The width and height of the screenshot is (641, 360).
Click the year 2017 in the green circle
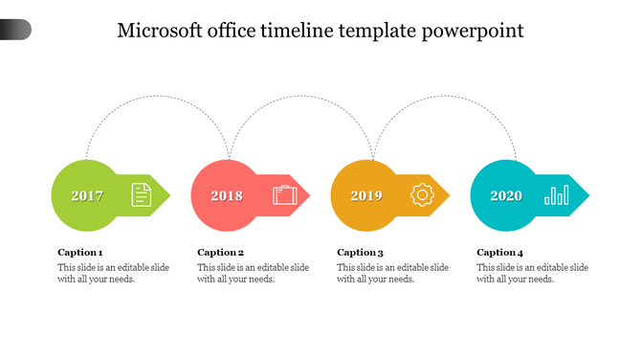[x=87, y=196]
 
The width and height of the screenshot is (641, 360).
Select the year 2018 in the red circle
[x=227, y=196]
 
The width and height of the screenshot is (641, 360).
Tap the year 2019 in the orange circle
[x=366, y=196]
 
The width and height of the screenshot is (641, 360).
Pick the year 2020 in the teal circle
[x=506, y=196]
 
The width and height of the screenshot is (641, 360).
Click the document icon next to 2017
[x=142, y=194]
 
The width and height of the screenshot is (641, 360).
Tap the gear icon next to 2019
[x=422, y=195]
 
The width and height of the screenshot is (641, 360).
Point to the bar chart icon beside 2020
[x=556, y=195]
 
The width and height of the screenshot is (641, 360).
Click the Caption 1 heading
[x=80, y=253]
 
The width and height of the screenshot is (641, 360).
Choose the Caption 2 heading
[x=221, y=253]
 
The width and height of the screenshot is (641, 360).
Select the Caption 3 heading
[x=361, y=253]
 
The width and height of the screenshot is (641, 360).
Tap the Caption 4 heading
[x=500, y=253]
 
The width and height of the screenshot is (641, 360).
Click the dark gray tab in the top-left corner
[x=15, y=30]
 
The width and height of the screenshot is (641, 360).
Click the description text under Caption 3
[x=392, y=273]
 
